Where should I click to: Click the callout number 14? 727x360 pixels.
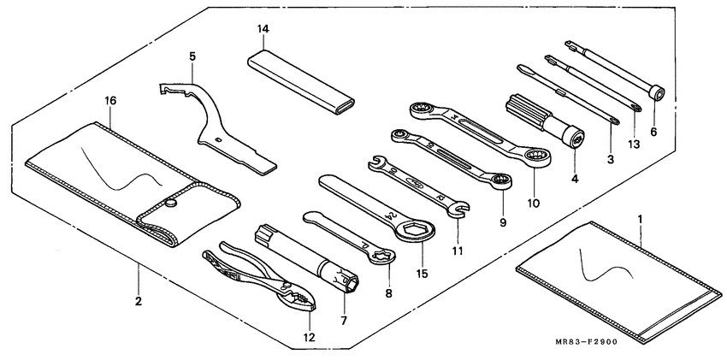pos(263,29)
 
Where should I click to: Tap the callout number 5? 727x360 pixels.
pos(192,56)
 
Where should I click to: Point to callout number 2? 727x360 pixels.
pos(138,302)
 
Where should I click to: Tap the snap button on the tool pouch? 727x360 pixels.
pos(172,202)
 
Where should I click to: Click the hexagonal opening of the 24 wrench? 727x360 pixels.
pos(415,228)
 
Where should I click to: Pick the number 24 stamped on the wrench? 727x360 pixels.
pos(388,215)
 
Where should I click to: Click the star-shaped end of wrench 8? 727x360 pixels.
pos(384,254)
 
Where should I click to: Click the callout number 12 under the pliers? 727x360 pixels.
pos(309,338)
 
